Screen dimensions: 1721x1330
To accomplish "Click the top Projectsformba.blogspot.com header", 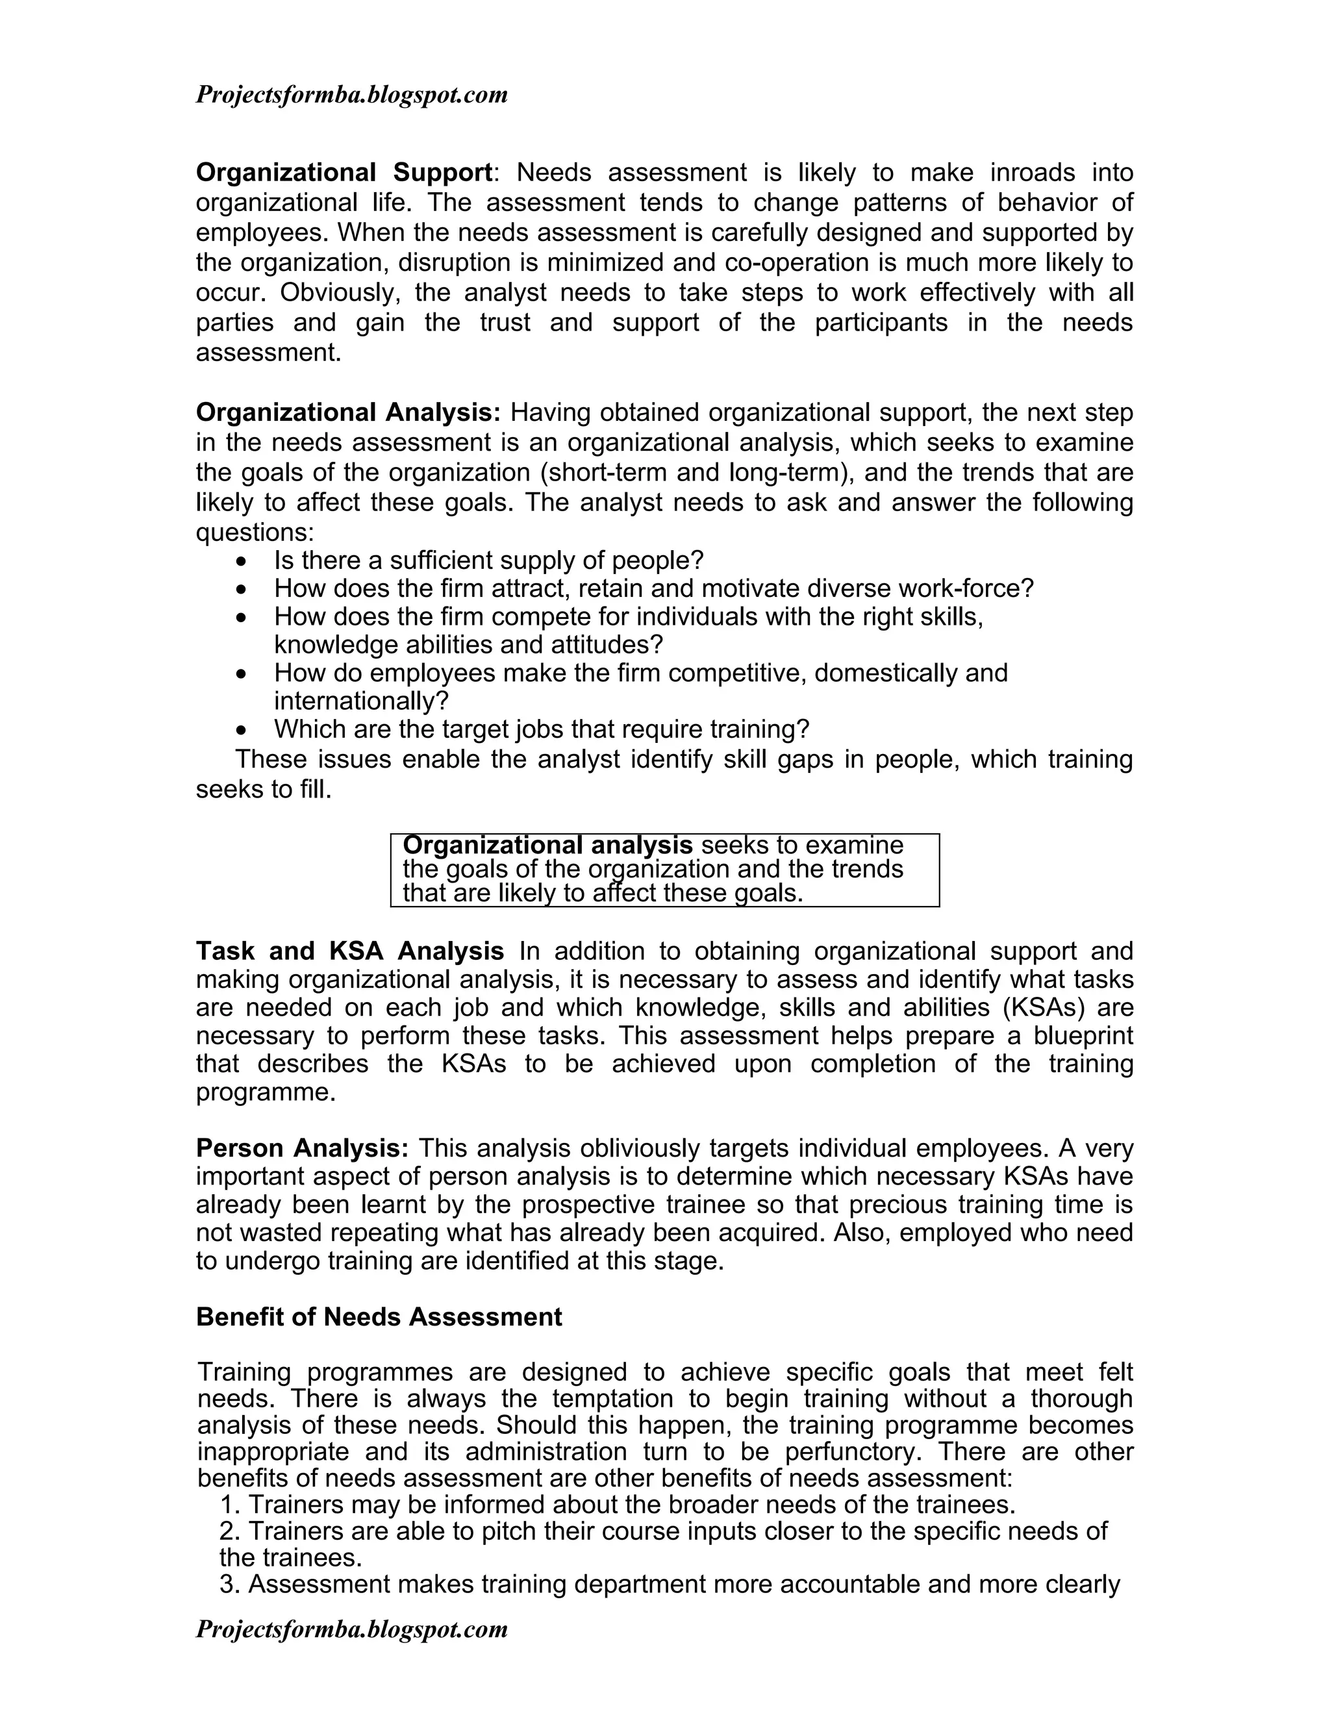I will tap(351, 95).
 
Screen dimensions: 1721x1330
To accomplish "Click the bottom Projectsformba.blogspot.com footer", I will tap(351, 1629).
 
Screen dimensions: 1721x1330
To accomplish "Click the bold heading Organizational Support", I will tap(344, 172).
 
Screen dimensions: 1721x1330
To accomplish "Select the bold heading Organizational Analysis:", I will tap(347, 412).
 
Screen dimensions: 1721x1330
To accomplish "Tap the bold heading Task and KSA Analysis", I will tap(350, 951).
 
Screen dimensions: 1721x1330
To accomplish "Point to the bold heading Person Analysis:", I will tap(302, 1148).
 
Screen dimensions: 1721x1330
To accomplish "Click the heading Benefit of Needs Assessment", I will tap(379, 1317).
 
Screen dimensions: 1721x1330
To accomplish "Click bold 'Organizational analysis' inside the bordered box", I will tap(547, 846).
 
